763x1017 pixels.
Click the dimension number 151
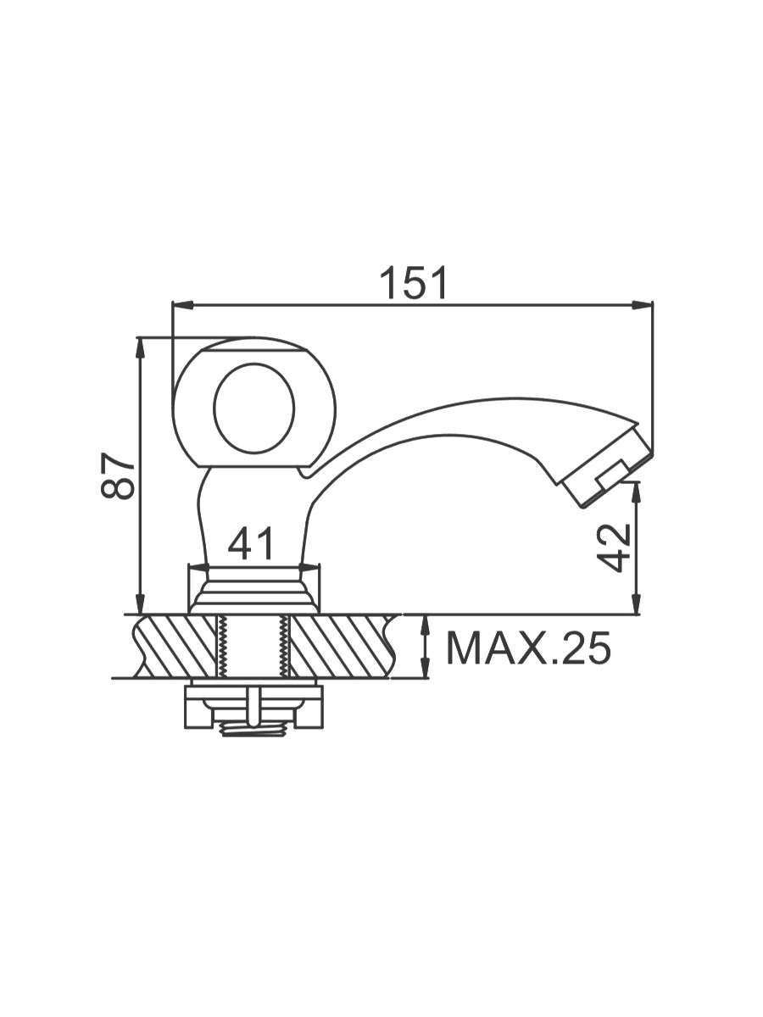tap(413, 283)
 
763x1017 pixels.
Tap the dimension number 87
tap(118, 475)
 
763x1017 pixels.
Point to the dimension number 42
tap(613, 547)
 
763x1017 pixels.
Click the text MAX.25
tap(528, 648)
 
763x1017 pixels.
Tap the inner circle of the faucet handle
tap(253, 408)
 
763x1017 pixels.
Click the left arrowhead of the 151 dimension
tap(182, 304)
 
